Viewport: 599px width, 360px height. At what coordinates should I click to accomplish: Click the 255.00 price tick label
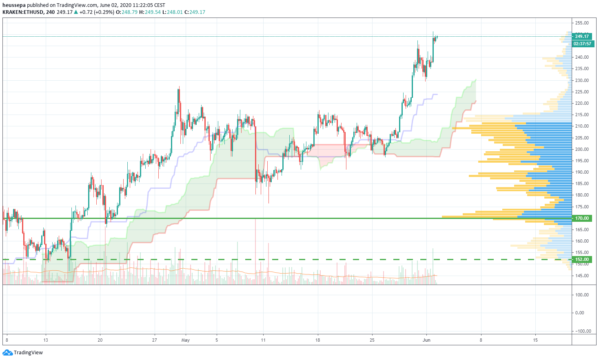point(582,23)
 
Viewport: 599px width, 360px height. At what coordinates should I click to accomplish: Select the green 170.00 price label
point(582,219)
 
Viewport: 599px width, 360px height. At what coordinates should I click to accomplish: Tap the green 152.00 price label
point(582,259)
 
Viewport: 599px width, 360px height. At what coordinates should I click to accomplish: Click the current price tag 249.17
point(582,36)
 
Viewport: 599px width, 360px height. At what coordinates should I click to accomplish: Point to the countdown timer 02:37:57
point(582,44)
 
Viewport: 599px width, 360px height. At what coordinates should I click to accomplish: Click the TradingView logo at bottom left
point(23,352)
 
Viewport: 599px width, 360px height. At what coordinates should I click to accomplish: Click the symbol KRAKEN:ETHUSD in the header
point(22,12)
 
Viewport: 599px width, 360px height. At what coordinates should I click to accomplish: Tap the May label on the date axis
point(186,340)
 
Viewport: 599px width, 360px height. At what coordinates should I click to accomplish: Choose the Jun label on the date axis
point(426,340)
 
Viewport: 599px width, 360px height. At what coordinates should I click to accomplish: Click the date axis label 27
point(154,340)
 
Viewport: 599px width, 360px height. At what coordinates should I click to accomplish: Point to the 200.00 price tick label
point(582,149)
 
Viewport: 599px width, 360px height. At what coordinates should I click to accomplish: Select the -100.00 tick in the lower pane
point(583,331)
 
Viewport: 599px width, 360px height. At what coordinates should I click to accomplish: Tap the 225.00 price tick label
point(582,92)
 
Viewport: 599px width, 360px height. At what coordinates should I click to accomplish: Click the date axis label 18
point(317,340)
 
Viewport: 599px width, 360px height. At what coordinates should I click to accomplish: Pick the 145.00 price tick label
point(582,276)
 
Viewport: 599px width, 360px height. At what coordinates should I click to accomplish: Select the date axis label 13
point(46,340)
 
